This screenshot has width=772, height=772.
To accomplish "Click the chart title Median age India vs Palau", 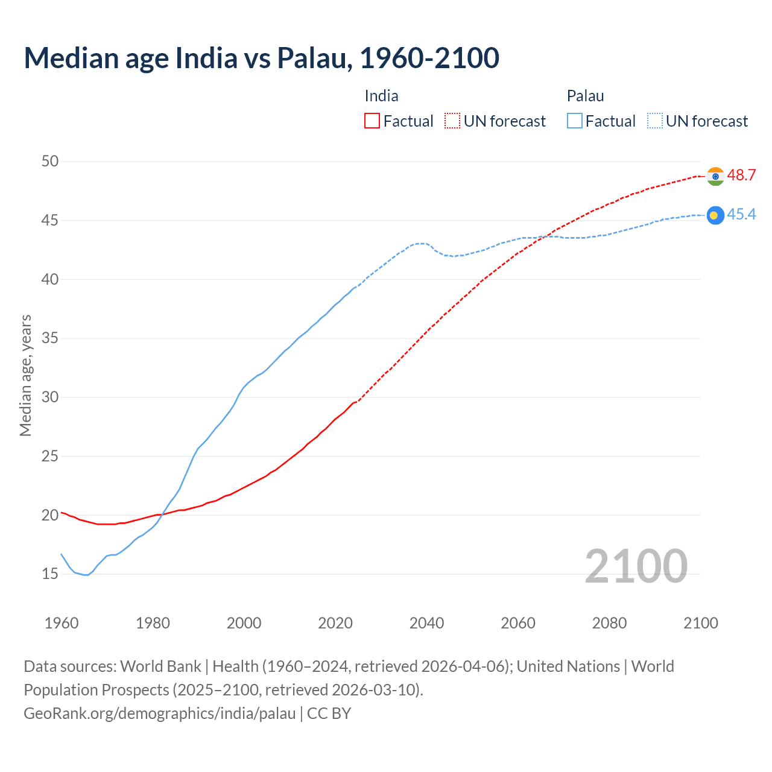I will tap(261, 58).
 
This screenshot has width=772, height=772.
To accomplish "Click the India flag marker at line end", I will tap(715, 176).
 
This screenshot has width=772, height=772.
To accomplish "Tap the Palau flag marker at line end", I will tap(715, 215).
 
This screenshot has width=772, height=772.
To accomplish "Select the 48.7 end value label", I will tap(741, 176).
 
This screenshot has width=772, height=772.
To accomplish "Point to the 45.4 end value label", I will tap(741, 215).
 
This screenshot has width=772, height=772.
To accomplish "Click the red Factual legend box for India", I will tap(372, 121).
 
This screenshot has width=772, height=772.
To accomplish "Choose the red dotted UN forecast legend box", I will tap(452, 121).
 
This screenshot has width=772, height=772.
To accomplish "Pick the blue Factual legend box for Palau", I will tap(575, 121).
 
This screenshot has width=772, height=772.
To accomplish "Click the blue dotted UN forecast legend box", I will tap(655, 121).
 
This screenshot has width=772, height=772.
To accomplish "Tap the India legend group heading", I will tap(381, 96).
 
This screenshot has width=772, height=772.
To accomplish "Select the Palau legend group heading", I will tap(585, 96).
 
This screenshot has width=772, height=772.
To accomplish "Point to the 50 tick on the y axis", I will tap(50, 161).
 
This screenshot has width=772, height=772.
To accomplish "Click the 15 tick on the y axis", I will tap(50, 574).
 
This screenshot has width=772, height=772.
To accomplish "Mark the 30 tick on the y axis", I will tap(50, 397).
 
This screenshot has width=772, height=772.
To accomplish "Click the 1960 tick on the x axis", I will tap(62, 623).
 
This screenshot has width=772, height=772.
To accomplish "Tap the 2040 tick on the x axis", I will tap(426, 623).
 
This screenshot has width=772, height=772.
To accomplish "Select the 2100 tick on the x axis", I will tap(700, 623).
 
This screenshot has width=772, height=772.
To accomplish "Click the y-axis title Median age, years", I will tap(25, 375).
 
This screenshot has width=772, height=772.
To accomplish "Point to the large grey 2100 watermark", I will tap(636, 566).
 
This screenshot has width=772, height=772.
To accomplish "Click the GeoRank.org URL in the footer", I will tap(160, 713).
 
